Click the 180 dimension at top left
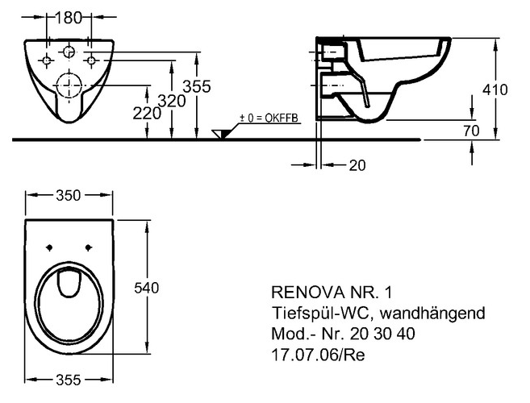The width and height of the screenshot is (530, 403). [x=69, y=18]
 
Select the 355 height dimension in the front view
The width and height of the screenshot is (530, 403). [x=197, y=86]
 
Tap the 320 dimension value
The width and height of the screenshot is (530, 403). [x=172, y=101]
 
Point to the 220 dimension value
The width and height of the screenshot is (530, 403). [x=147, y=113]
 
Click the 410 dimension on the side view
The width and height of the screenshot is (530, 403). [x=495, y=89]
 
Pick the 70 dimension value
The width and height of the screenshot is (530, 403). [x=471, y=131]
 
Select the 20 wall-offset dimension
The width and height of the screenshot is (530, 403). [x=357, y=165]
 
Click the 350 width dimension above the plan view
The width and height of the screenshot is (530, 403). [x=69, y=196]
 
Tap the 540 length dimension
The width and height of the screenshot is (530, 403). [x=146, y=289]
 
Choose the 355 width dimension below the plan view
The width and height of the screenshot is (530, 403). [x=69, y=380]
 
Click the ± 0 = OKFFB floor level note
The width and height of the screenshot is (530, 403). [x=269, y=118]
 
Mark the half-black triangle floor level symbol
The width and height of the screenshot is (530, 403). [x=221, y=134]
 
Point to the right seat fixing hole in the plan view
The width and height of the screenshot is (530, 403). [x=89, y=247]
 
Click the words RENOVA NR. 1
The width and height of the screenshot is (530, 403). [x=332, y=293]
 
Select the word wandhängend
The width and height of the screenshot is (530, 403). [x=432, y=314]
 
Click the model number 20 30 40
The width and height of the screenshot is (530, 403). [x=382, y=334]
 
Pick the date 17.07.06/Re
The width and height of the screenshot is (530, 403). [x=319, y=355]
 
